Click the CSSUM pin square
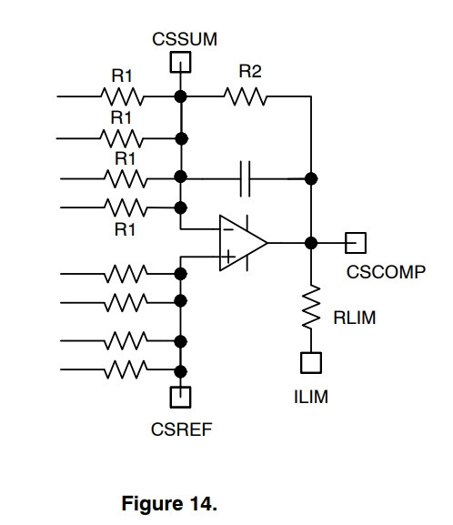(180, 62)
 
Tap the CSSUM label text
(185, 39)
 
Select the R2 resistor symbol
(246, 96)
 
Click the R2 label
(250, 71)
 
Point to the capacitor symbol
(245, 179)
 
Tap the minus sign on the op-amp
(228, 229)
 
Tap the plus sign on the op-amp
(228, 257)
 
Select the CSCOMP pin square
(356, 243)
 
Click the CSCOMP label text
(386, 272)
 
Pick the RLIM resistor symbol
(311, 307)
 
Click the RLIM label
(355, 318)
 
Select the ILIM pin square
(311, 363)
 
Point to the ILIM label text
(311, 397)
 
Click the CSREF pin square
(180, 397)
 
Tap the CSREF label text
(181, 429)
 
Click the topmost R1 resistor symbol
(122, 96)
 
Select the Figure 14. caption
(169, 503)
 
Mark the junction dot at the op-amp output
(311, 243)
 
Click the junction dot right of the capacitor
(311, 179)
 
